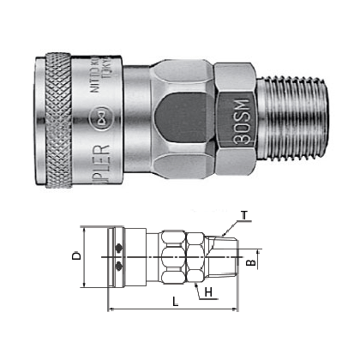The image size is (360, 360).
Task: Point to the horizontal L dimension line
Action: point(171,308)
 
